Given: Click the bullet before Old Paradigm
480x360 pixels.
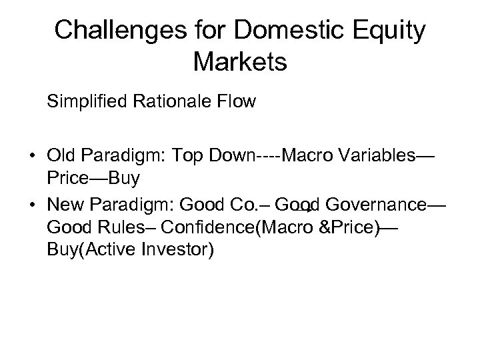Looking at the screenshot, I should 32,157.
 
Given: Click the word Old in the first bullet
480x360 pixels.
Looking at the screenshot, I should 61,157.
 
